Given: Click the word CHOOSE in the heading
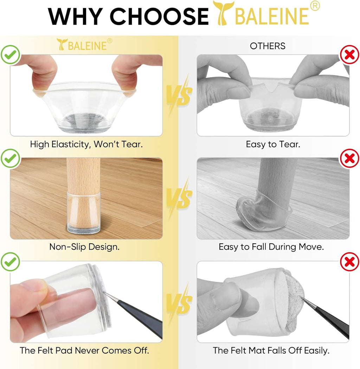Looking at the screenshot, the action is [159, 16].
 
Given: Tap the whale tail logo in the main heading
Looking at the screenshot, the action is [223, 13].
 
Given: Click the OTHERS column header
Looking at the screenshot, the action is [268, 46].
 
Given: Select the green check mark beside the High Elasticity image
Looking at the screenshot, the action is [10, 55].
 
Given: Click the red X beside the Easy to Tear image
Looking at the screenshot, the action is [350, 55].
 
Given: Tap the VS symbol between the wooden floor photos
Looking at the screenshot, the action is [180, 197].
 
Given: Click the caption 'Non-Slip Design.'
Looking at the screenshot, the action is [84, 247].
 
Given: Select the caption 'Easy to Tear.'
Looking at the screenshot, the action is [273, 144].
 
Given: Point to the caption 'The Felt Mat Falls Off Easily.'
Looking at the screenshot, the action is [271, 350].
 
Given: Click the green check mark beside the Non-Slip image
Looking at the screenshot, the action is [10, 158].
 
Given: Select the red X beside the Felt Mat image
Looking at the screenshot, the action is [350, 262].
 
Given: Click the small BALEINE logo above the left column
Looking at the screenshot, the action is [84, 45].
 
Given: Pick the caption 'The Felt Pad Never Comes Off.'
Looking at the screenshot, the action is [84, 350].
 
